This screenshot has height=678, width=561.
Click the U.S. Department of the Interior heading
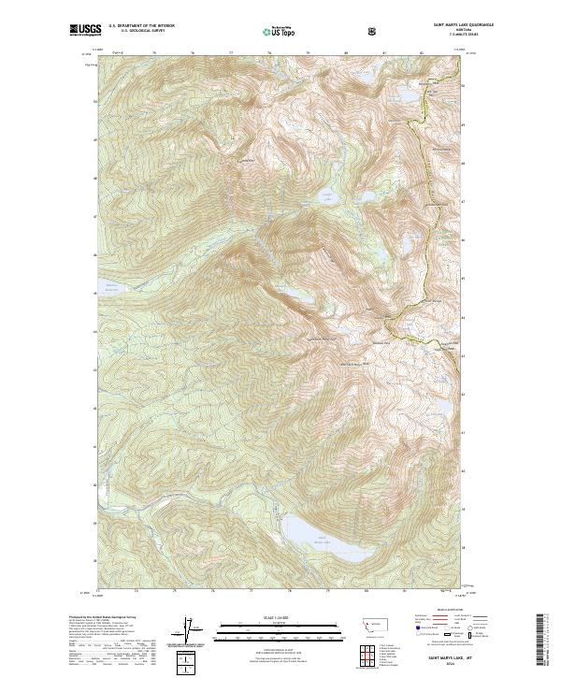click(x=141, y=26)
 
